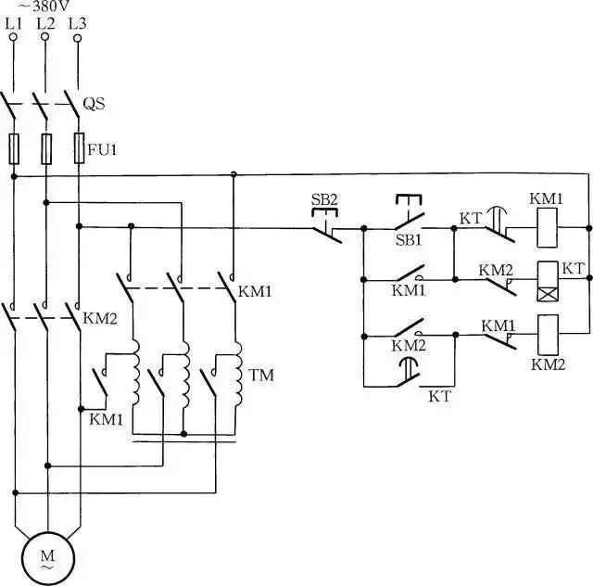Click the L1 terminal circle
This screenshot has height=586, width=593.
click(x=13, y=37)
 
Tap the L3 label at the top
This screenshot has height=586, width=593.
click(x=78, y=24)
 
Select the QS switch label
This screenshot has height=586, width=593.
click(x=94, y=104)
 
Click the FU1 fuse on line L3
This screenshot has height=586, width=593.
click(x=79, y=148)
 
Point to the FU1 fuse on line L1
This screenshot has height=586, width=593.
click(x=14, y=148)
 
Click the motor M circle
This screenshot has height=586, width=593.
click(x=47, y=558)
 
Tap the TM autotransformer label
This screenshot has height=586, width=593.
click(x=261, y=376)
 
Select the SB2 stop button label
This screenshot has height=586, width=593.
click(x=324, y=199)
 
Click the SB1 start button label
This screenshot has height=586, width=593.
click(x=409, y=240)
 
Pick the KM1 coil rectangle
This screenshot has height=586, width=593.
click(x=547, y=228)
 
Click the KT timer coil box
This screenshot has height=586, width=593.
click(x=548, y=281)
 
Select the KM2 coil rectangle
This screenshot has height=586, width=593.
click(x=548, y=335)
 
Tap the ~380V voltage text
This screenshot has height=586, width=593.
click(x=44, y=6)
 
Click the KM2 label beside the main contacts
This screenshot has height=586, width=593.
click(x=100, y=318)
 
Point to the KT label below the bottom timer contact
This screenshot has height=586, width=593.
click(x=440, y=396)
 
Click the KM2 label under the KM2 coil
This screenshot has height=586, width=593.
click(x=548, y=364)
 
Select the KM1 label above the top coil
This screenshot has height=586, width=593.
click(x=546, y=198)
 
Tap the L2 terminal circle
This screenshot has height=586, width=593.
click(x=45, y=37)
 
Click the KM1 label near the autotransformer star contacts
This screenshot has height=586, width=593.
click(x=107, y=419)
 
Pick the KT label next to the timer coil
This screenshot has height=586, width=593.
click(x=574, y=268)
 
